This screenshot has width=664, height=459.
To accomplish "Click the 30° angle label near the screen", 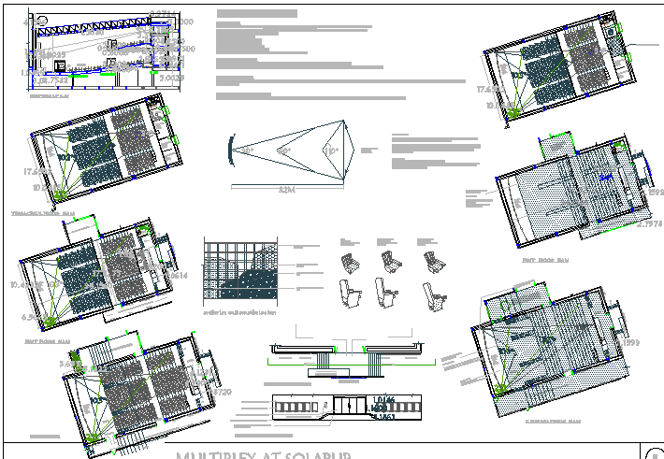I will coord(247,151).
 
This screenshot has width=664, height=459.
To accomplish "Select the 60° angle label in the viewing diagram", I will coord(283,151).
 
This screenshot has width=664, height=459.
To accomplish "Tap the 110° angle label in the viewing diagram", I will coord(329,151).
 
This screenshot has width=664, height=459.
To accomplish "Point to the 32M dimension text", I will coord(287,189).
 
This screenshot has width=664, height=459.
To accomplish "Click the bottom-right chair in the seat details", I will coord(434,294).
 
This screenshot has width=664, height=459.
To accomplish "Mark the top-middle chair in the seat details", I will coord(387,262).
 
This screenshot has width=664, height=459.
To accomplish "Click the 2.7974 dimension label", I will coord(649,224).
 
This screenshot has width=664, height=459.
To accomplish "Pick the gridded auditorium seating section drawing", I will coord(241,272).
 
